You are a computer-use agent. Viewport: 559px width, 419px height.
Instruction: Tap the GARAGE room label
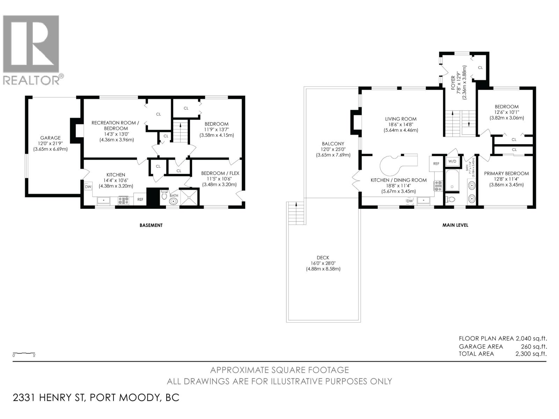point(50,138)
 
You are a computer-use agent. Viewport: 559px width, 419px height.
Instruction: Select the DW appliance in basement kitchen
point(88,187)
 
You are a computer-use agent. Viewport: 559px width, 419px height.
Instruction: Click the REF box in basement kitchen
point(140,199)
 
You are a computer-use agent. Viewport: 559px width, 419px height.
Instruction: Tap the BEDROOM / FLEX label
point(220,173)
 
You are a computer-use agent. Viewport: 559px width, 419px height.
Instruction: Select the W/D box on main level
point(452,162)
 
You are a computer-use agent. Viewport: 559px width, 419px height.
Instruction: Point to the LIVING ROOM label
point(400,119)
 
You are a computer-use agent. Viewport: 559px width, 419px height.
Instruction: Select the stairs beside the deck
point(296,213)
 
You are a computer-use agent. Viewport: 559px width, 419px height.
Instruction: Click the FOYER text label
point(453,83)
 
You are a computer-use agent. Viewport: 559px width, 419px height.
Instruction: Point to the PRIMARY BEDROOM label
point(506,173)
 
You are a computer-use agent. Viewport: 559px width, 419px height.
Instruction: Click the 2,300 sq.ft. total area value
point(531,354)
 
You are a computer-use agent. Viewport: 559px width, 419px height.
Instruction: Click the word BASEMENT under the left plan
point(151,225)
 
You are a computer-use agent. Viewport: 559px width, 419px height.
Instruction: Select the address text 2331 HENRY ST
point(49,398)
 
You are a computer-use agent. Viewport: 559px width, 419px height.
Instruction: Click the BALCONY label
point(333,144)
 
